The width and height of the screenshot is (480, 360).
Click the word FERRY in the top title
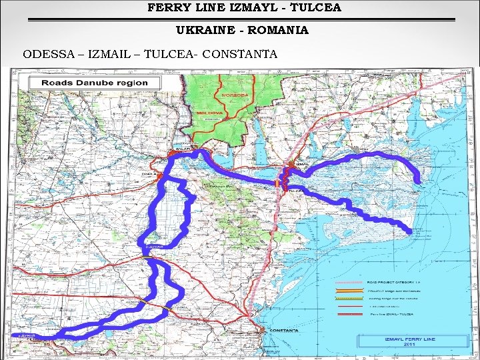pyautogui.click(x=166, y=8)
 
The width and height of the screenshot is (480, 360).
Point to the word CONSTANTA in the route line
pyautogui.click(x=239, y=53)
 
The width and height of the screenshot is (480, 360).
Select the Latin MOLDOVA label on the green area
pyautogui.click(x=210, y=113)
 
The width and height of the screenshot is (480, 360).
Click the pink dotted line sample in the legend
pyautogui.click(x=349, y=282)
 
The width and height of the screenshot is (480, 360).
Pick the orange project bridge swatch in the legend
pyautogui.click(x=349, y=290)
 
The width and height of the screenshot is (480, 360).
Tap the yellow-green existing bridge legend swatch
pyautogui.click(x=349, y=298)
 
